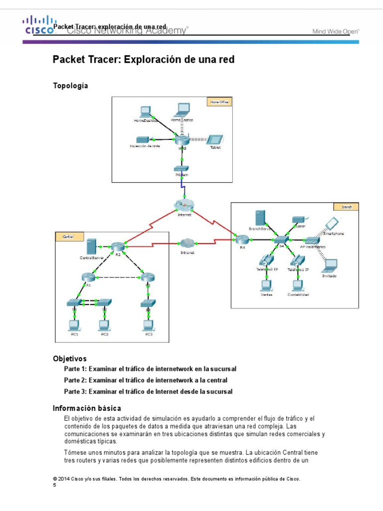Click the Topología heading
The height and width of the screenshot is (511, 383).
(x=70, y=86)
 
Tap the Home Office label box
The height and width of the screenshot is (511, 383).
(x=218, y=102)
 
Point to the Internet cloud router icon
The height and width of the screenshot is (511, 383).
(x=184, y=205)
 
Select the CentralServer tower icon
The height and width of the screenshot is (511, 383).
(x=91, y=247)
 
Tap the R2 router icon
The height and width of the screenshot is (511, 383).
(x=118, y=247)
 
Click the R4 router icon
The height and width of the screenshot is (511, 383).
(x=242, y=240)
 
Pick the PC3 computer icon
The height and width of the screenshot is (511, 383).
(x=148, y=325)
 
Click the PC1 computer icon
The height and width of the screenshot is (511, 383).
(x=74, y=325)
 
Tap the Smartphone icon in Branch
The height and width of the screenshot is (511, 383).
(x=331, y=223)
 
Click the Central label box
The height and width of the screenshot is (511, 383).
(x=66, y=237)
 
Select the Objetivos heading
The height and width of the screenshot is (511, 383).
(x=70, y=358)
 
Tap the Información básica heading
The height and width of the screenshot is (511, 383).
(x=87, y=408)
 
